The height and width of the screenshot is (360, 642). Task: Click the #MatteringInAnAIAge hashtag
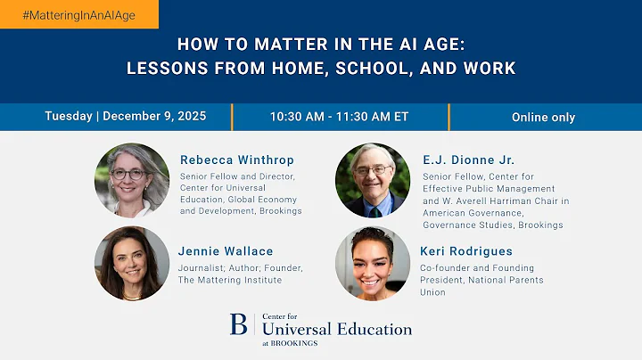pyautogui.click(x=78, y=15)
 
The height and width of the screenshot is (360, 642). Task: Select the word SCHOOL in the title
pyautogui.click(x=378, y=68)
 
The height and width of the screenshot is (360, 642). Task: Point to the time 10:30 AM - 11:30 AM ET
pyautogui.click(x=339, y=117)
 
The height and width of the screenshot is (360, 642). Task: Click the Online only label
pyautogui.click(x=543, y=117)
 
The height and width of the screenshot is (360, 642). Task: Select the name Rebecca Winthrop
pyautogui.click(x=236, y=160)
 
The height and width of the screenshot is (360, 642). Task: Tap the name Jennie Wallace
pyautogui.click(x=226, y=251)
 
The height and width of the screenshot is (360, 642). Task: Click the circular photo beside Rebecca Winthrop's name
pyautogui.click(x=132, y=180)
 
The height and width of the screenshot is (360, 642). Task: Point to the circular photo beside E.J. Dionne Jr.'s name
pyautogui.click(x=372, y=180)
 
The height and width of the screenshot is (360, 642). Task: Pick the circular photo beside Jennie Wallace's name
pyautogui.click(x=132, y=264)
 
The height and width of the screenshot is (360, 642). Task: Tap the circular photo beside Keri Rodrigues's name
pyautogui.click(x=372, y=264)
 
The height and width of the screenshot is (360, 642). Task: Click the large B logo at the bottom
pyautogui.click(x=238, y=324)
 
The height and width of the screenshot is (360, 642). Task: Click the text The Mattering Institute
pyautogui.click(x=231, y=280)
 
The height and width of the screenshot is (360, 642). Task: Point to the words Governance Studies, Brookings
pyautogui.click(x=492, y=225)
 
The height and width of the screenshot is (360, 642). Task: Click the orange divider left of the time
pyautogui.click(x=232, y=117)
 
